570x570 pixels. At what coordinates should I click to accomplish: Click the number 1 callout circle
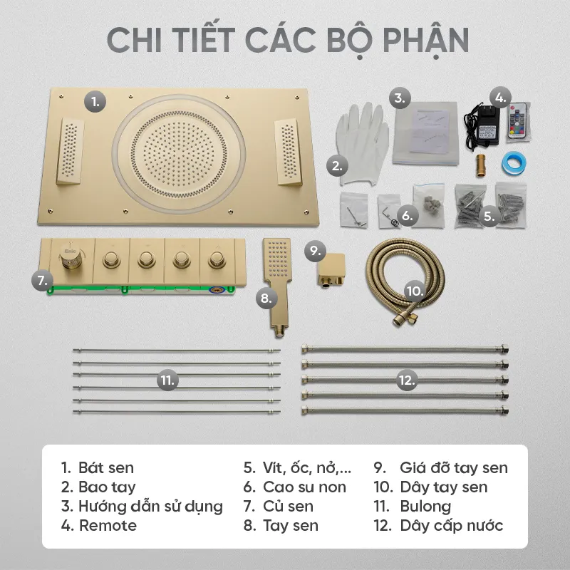(x=95, y=101)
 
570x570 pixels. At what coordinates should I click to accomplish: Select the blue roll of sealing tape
(x=514, y=163)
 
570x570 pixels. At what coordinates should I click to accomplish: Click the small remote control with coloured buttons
(x=519, y=121)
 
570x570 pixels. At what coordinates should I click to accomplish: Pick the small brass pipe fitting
(x=481, y=166)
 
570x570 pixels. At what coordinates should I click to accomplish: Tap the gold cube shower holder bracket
(x=331, y=270)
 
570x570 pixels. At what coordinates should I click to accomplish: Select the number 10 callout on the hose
(x=415, y=291)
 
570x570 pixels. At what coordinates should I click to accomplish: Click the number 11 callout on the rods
(x=167, y=380)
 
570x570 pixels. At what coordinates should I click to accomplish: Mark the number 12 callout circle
(x=406, y=380)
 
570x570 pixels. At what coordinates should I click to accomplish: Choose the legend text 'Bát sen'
(x=105, y=468)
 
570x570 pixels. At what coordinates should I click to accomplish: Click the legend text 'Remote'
(x=108, y=526)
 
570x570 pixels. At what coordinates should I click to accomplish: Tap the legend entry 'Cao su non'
(x=304, y=487)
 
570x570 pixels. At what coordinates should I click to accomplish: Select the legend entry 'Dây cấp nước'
(x=452, y=526)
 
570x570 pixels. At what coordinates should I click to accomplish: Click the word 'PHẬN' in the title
(x=425, y=41)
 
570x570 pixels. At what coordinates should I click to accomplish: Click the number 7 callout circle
(x=43, y=281)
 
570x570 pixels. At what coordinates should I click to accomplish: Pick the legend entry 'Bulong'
(x=425, y=507)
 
